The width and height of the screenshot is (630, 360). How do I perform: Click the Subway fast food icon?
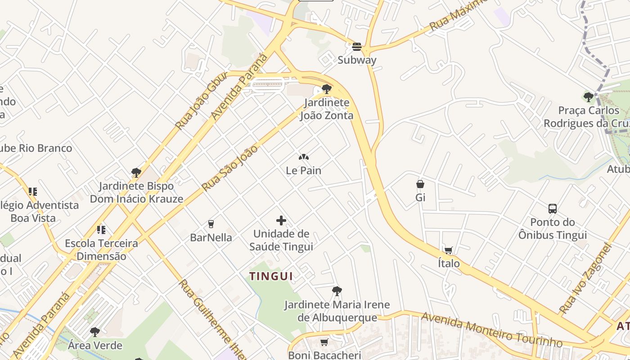click(357, 46)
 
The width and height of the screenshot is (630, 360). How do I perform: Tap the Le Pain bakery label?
click(304, 171)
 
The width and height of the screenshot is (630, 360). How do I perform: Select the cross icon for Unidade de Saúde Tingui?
click(281, 220)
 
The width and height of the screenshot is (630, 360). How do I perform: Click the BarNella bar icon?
click(211, 224)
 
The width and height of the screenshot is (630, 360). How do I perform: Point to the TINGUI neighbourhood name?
click(271, 276)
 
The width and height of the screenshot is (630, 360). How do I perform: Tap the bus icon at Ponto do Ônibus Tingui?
click(553, 209)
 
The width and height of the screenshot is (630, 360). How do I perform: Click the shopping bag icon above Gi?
click(420, 184)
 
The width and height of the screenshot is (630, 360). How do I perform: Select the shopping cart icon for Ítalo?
click(449, 250)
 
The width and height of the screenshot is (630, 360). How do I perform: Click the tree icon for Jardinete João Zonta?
click(327, 89)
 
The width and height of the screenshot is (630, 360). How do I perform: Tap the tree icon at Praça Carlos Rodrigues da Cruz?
click(588, 97)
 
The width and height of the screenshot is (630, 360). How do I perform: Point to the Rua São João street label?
click(230, 168)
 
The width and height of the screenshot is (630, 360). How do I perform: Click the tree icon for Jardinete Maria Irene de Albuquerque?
click(337, 291)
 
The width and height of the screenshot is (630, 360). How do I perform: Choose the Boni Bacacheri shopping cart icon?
click(324, 342)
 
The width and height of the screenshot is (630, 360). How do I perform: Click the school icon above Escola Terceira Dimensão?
click(101, 230)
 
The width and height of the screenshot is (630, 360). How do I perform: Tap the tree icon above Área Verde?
click(95, 332)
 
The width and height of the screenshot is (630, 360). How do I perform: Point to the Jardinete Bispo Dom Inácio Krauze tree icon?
click(136, 172)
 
